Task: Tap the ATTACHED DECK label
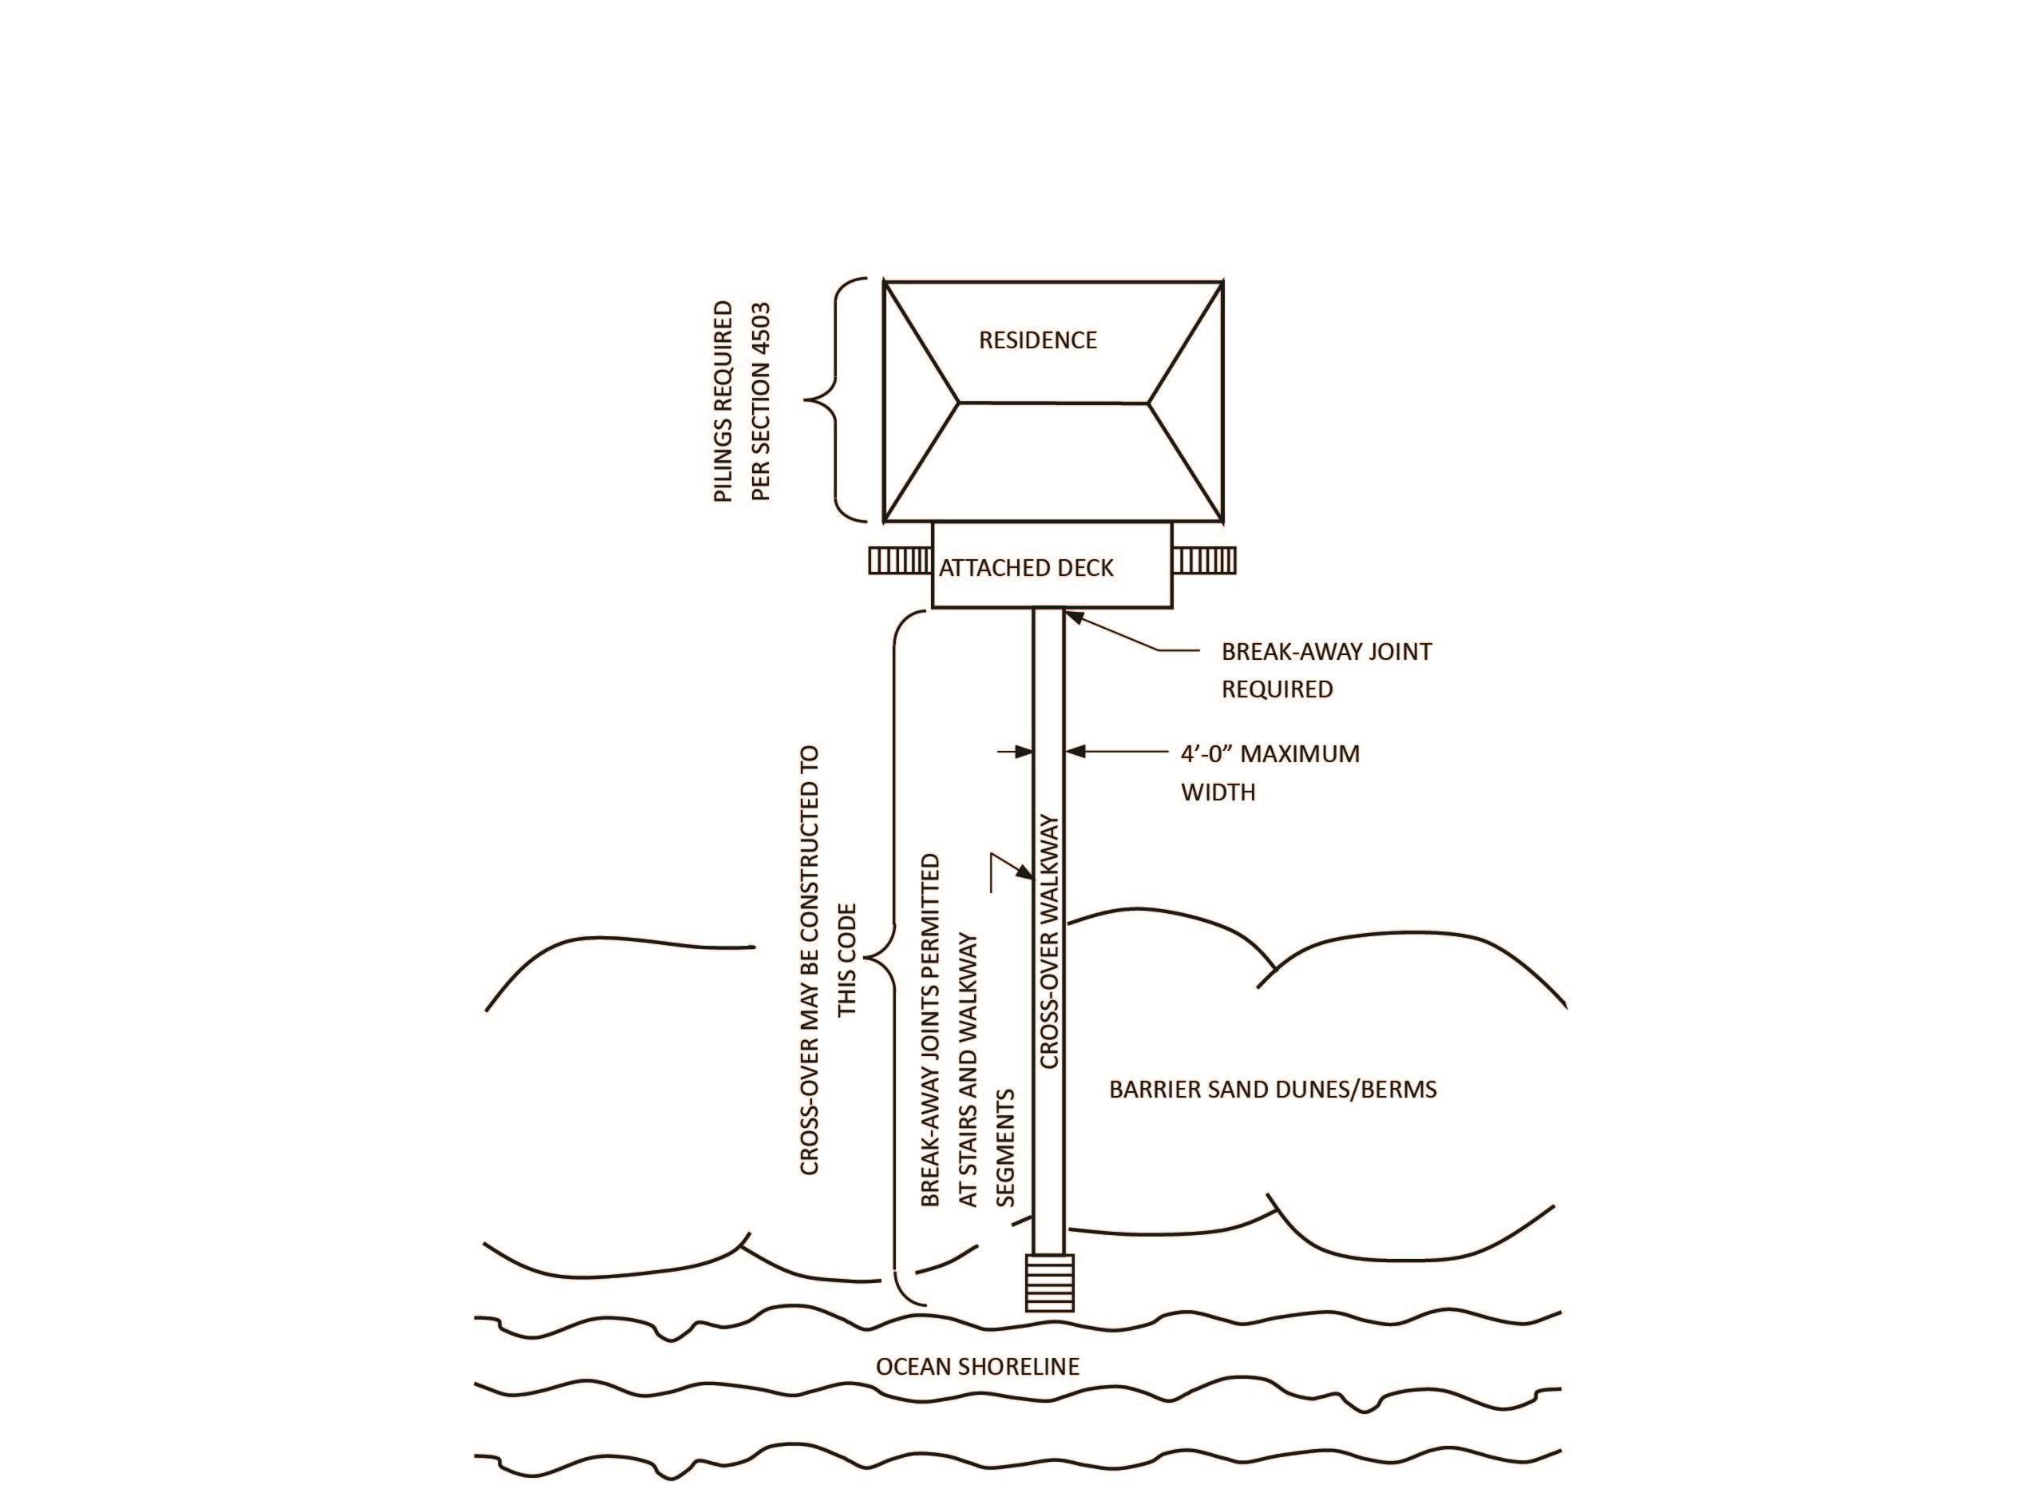coord(1026,568)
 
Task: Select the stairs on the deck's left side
coord(899,560)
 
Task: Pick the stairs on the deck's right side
coord(1203,560)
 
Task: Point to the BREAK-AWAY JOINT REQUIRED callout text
coord(1325,669)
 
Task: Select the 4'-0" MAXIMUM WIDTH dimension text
coord(1269,772)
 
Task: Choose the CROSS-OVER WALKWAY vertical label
coord(1049,941)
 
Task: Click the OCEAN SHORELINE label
coord(977,1367)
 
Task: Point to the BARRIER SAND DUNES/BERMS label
coord(1273,1089)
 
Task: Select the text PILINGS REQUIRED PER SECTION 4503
coord(743,402)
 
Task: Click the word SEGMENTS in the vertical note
coord(1005,1147)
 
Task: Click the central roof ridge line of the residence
coord(1052,402)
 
